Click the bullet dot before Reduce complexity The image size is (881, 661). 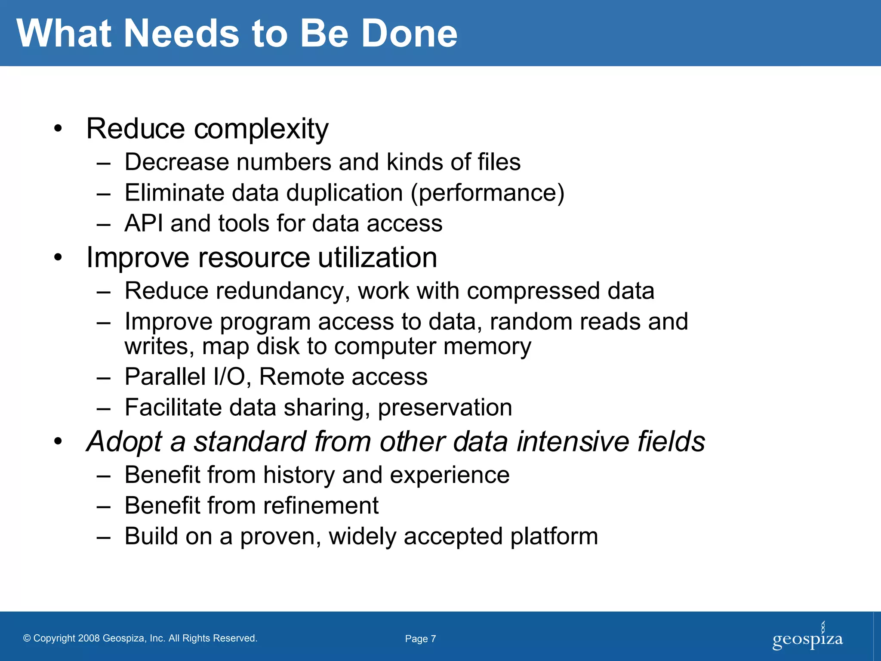[59, 129]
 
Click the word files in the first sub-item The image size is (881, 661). [499, 162]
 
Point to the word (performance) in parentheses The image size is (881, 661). [487, 193]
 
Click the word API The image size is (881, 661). [144, 223]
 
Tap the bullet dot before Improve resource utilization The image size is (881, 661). [59, 258]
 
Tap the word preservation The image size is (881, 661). [445, 408]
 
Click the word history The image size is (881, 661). [299, 475]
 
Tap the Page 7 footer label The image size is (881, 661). [420, 639]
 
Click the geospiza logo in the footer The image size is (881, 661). [807, 638]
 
